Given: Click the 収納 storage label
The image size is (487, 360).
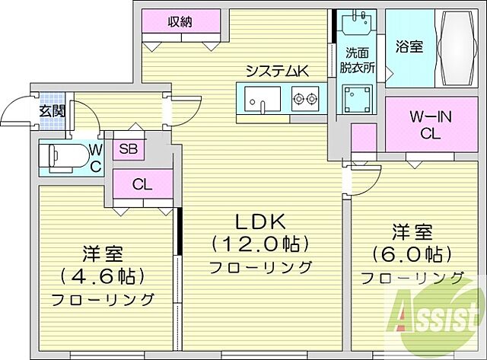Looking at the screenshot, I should pyautogui.click(x=180, y=22).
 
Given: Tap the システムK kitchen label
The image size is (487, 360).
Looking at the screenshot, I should pyautogui.click(x=276, y=72).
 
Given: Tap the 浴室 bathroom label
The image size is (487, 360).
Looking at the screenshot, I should pyautogui.click(x=409, y=46).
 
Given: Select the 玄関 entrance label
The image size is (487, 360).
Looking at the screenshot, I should pyautogui.click(x=53, y=110).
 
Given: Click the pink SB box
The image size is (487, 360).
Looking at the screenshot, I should pyautogui.click(x=127, y=149).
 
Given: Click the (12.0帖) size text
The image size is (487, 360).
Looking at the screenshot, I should pyautogui.click(x=259, y=245).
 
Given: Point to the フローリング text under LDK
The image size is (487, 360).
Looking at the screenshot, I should pyautogui.click(x=260, y=267).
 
